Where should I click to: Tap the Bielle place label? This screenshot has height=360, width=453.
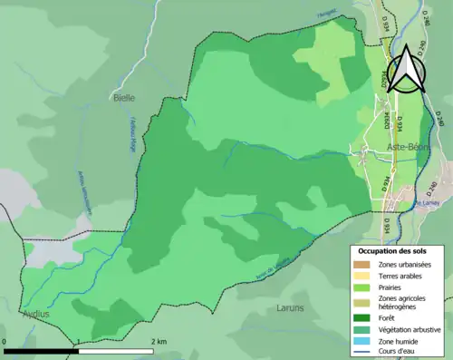(x=123, y=96)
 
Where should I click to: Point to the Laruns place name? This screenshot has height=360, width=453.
(x=293, y=307)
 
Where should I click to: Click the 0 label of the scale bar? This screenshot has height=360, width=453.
(x=5, y=342)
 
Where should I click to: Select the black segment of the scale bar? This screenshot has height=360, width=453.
(x=41, y=350)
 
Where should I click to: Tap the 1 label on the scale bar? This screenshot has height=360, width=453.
(x=79, y=342)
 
